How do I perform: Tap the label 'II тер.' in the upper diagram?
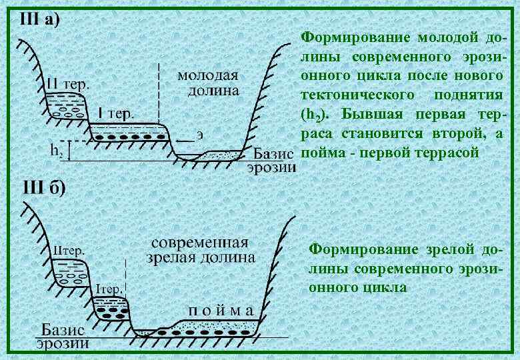click(69, 85)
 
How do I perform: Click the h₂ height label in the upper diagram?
click(59, 150)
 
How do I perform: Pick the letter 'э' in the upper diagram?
click(199, 135)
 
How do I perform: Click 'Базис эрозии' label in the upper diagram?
click(271, 160)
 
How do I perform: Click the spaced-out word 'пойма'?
click(219, 310)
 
